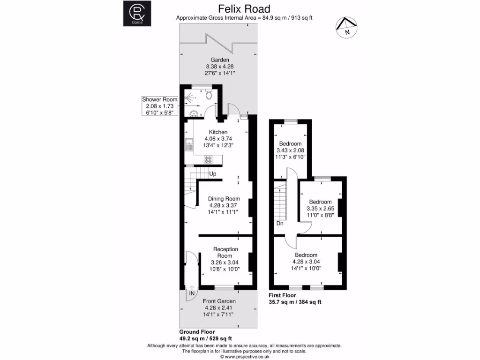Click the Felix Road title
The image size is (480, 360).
click(244, 9)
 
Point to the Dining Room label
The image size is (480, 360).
click(224, 199)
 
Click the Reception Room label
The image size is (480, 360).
click(225, 253)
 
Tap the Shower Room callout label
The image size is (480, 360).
click(160, 99)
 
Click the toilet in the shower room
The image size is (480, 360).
click(210, 95)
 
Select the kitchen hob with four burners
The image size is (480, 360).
click(208, 159)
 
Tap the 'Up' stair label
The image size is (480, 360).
click(213, 174)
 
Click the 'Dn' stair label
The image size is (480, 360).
click(280, 224)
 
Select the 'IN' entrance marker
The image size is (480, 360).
click(192, 293)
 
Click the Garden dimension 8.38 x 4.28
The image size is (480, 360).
click(219, 67)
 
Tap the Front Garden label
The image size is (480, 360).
click(219, 301)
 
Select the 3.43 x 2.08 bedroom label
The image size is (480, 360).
click(291, 150)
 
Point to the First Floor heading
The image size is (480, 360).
click(282, 295)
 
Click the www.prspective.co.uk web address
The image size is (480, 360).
click(247, 356)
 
